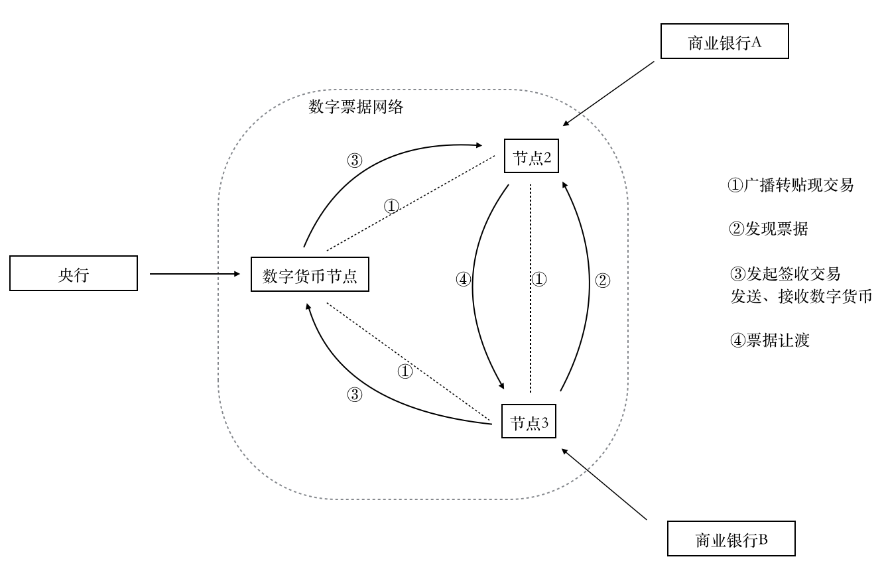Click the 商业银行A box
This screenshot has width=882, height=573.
(x=724, y=43)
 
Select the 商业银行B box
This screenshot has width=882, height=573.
(x=731, y=539)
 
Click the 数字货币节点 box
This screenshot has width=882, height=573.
(x=310, y=275)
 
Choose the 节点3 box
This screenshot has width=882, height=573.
(x=529, y=422)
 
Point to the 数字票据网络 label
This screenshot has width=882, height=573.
(x=355, y=107)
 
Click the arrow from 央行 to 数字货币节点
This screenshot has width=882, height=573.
(x=194, y=274)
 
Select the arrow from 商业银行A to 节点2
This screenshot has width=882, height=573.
(x=611, y=92)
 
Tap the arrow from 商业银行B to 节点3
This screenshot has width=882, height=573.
(x=604, y=483)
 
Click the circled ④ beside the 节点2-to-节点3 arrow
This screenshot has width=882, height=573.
(x=464, y=280)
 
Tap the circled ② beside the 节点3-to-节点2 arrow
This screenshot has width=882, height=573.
(x=602, y=280)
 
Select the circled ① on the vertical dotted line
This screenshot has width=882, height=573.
(x=539, y=279)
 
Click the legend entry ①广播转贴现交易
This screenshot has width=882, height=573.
(x=790, y=186)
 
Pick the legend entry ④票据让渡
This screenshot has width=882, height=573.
(x=769, y=341)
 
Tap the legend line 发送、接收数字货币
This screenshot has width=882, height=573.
(x=800, y=296)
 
